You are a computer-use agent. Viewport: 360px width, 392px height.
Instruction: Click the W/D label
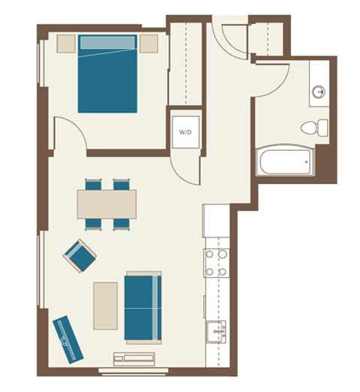[184, 132]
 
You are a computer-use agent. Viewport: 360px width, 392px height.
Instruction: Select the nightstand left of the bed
[65, 43]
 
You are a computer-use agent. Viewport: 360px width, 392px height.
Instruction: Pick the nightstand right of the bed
[148, 43]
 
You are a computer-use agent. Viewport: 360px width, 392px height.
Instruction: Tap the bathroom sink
[318, 92]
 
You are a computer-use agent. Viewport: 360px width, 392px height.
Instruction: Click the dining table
[106, 203]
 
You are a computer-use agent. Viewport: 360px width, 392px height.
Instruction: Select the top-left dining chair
[93, 184]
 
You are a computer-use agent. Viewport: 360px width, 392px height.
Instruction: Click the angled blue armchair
[79, 255]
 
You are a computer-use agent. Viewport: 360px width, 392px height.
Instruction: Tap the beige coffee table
[105, 305]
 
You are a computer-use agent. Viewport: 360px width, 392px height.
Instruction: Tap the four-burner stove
[216, 263]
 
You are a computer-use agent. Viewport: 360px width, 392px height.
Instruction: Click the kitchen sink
[216, 331]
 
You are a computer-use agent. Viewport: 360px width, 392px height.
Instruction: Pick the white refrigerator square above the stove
[215, 220]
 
